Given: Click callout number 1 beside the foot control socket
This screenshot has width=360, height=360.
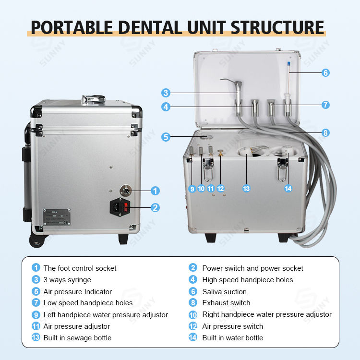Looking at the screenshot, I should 155,191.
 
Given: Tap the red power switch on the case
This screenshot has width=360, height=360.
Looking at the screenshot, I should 126,207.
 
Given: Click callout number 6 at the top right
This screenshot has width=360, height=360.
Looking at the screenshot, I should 326,73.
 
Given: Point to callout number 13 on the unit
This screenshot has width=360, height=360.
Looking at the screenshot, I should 246,189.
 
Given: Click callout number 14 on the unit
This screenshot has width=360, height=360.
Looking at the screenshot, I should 288,189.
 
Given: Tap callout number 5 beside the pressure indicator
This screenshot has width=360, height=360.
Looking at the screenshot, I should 166,137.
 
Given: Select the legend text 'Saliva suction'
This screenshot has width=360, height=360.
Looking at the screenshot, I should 224,291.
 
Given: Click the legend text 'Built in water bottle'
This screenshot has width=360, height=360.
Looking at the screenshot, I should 232,338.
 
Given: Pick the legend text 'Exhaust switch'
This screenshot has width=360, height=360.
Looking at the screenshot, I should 226,303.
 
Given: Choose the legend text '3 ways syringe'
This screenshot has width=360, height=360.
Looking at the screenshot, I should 67,280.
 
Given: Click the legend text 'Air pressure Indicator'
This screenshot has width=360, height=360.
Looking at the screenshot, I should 77,291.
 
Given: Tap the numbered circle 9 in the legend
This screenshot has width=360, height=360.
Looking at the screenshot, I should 36,315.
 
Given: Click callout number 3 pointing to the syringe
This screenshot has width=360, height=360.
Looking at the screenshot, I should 166,93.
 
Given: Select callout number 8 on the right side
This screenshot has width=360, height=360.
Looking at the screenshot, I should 326,133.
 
